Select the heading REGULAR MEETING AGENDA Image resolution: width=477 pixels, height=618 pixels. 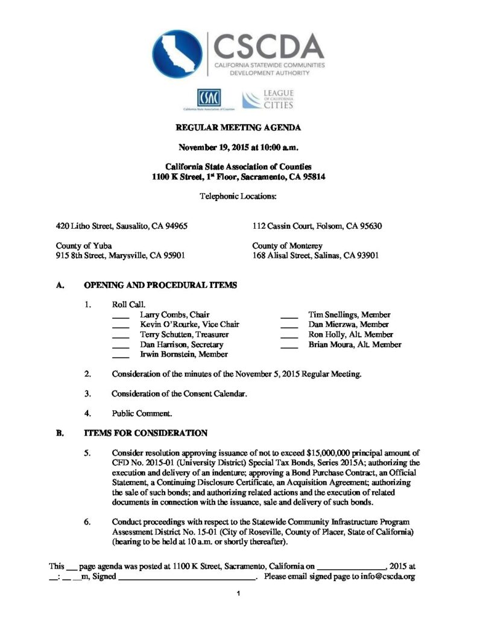[x=238, y=127]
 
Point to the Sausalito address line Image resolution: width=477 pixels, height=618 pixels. [x=122, y=226]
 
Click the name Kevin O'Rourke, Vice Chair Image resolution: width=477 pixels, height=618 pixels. [x=189, y=325]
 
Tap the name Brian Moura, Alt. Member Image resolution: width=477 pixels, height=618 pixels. [x=355, y=345]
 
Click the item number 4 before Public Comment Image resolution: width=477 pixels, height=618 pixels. [x=88, y=413]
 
